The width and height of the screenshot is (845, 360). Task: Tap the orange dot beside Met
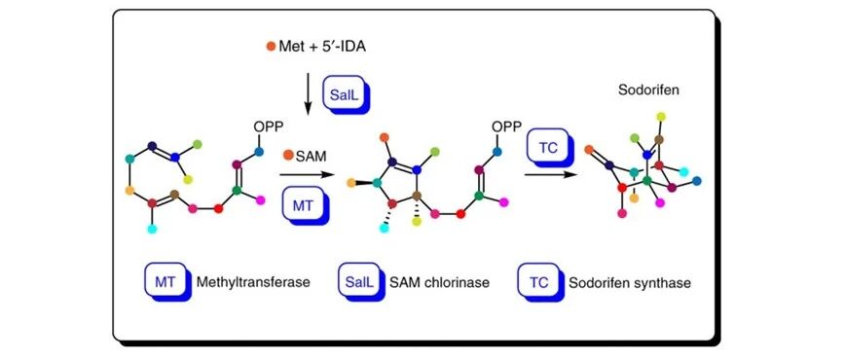click(271, 47)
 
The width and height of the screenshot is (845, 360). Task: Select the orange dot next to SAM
click(288, 156)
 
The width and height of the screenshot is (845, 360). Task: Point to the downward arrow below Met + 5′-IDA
click(308, 92)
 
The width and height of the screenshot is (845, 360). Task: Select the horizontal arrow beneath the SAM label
click(305, 175)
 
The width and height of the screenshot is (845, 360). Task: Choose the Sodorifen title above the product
click(647, 90)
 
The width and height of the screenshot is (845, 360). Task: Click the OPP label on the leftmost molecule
click(269, 127)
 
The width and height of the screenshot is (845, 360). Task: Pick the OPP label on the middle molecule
click(506, 127)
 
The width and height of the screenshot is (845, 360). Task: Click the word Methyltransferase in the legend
click(253, 282)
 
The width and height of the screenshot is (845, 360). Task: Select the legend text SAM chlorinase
click(439, 282)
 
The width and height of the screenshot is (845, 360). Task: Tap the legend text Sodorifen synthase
click(630, 282)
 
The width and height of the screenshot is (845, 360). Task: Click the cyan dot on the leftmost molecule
click(152, 229)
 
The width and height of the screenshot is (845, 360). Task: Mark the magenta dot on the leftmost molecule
click(261, 199)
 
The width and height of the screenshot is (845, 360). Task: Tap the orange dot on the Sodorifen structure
click(589, 149)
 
